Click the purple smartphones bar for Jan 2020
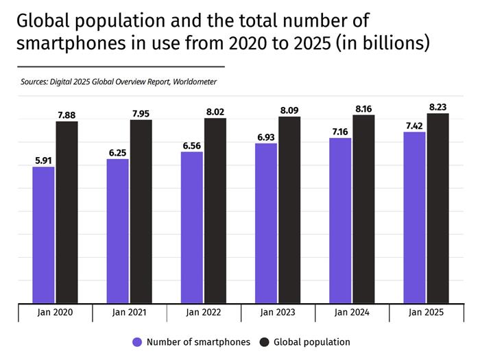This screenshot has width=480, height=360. [x=43, y=235]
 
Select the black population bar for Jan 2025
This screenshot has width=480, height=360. [x=437, y=208]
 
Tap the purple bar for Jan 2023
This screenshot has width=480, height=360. [x=266, y=223]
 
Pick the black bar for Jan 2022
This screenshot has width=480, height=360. [x=215, y=211]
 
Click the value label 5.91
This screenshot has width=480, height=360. [x=43, y=160]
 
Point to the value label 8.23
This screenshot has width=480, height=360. [x=437, y=107]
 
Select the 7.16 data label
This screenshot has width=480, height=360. [x=340, y=132]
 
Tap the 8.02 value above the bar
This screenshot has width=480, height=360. [x=215, y=112]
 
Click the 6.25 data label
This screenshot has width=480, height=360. [x=117, y=152]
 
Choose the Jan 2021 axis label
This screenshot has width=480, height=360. [x=129, y=313]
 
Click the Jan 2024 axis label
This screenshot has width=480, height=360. [x=352, y=313]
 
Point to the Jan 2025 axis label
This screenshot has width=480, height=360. [x=426, y=313]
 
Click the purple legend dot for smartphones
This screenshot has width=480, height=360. [x=136, y=341]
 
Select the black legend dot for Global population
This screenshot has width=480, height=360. [x=265, y=341]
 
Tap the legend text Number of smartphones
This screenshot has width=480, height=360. [x=198, y=341]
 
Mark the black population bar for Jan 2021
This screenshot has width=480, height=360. [x=141, y=212]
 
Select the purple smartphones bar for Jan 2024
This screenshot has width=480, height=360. [x=340, y=220]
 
